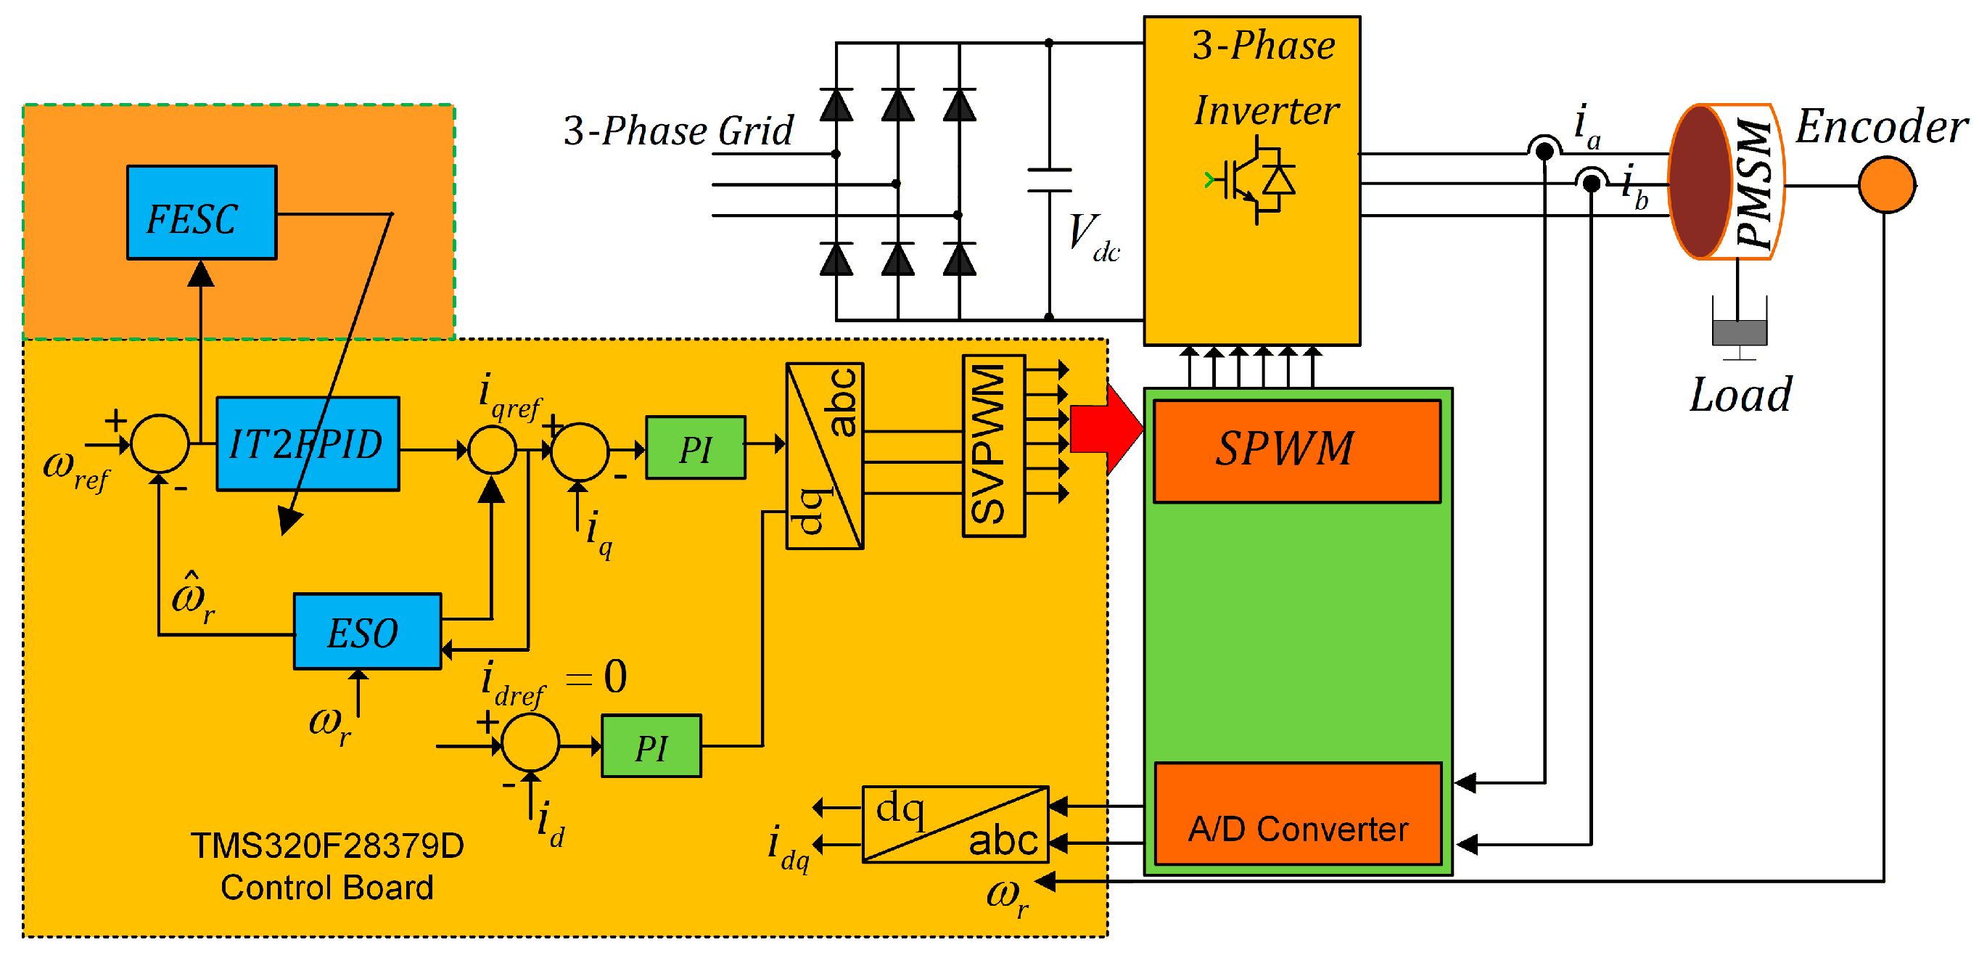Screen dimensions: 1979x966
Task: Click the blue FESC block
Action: (201, 212)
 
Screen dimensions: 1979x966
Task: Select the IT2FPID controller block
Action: (308, 443)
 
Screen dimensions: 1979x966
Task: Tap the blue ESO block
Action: (367, 631)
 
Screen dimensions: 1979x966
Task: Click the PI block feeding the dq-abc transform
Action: (695, 447)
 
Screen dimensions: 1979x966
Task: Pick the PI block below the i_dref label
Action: (651, 745)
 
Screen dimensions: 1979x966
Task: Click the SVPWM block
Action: (993, 446)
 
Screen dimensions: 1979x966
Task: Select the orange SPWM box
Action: (1297, 451)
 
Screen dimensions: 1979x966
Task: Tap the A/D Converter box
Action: (1299, 813)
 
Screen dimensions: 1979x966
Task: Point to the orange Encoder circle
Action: (1887, 184)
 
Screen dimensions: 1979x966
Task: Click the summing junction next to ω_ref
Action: (160, 443)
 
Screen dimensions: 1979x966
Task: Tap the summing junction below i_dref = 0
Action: (530, 742)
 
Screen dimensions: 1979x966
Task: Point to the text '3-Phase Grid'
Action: (678, 130)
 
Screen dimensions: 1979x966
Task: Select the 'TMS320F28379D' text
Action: (327, 846)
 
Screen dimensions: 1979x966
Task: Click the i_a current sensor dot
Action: (1544, 151)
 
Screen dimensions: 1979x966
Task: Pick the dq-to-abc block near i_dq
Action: (955, 824)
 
